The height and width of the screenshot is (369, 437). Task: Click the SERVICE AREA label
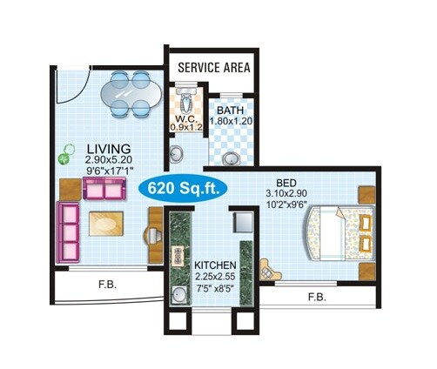214,67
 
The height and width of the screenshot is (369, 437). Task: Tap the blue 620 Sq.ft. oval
184,188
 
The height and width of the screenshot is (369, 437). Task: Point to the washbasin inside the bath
232,158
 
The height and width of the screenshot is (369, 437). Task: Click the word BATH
230,111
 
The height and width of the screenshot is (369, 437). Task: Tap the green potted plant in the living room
64,159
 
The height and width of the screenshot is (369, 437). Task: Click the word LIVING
109,148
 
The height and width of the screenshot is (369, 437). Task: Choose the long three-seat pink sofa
67,232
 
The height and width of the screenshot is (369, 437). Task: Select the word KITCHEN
216,265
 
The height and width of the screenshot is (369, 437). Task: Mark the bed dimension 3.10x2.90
287,195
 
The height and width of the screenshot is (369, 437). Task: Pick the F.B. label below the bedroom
317,297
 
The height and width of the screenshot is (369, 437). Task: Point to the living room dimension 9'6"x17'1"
110,172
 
